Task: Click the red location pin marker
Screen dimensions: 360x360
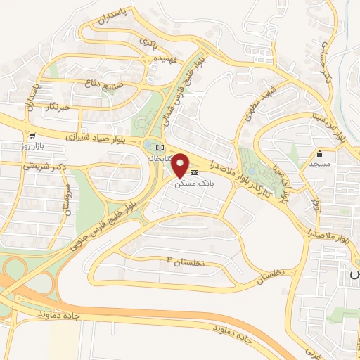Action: (x=181, y=166)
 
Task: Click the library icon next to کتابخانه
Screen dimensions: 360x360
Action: (x=158, y=147)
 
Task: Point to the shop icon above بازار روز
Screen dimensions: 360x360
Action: (x=32, y=136)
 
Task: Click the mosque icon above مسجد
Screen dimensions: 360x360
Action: (x=319, y=154)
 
